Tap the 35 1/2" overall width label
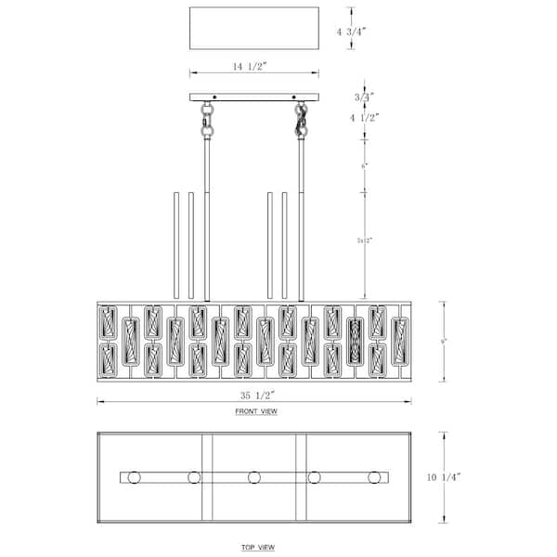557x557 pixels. click(x=253, y=394)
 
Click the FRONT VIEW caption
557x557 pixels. click(x=255, y=410)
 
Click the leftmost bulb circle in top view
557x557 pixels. click(x=134, y=477)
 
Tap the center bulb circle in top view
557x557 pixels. click(x=254, y=477)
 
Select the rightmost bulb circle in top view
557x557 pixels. click(x=375, y=477)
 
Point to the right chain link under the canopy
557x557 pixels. click(x=302, y=119)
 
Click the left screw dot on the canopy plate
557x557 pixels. click(x=214, y=97)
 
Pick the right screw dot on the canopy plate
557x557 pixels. click(x=294, y=97)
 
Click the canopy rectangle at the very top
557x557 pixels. click(x=253, y=29)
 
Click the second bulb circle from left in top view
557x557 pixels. click(x=194, y=477)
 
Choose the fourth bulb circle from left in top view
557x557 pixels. click(x=315, y=477)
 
